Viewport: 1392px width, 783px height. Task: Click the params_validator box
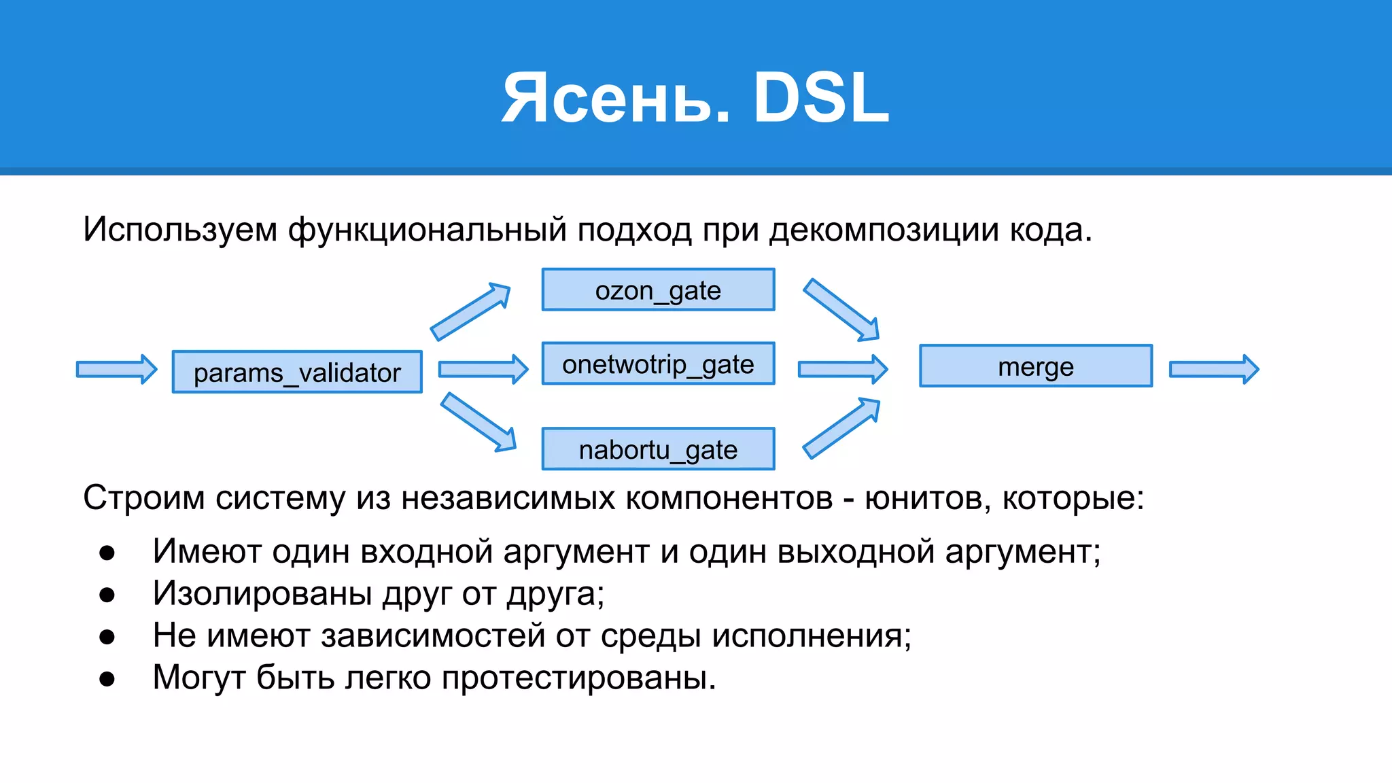coord(297,372)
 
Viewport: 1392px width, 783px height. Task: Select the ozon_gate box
coord(658,290)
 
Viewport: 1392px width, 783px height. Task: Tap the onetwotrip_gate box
coord(658,364)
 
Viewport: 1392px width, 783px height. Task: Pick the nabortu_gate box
coord(658,449)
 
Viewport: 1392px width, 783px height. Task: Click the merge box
coord(1035,366)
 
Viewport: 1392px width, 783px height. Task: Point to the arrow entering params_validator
coord(116,369)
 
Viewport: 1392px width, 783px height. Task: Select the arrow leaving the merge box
coord(1213,369)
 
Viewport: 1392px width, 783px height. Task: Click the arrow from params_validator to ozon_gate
coord(470,312)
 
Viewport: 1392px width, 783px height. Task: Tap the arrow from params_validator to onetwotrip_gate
coord(483,369)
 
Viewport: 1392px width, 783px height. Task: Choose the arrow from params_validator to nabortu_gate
coord(478,421)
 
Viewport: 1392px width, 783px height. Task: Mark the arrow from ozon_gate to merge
coord(841,309)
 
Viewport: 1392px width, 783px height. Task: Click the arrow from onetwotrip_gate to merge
coord(842,369)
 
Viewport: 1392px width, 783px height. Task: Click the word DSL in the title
coord(821,99)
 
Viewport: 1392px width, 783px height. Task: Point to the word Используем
coord(180,230)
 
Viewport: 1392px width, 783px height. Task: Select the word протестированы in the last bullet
coord(578,678)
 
